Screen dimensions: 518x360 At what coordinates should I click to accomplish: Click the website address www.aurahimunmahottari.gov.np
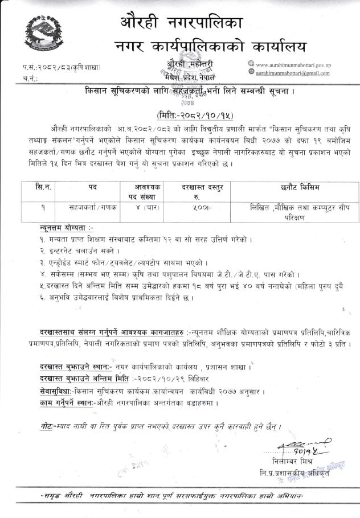point(293,65)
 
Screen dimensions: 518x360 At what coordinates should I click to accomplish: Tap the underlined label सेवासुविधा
point(56,391)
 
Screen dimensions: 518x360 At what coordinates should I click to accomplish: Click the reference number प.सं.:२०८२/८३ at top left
point(51,68)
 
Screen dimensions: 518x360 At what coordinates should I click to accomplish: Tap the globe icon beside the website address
point(251,65)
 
